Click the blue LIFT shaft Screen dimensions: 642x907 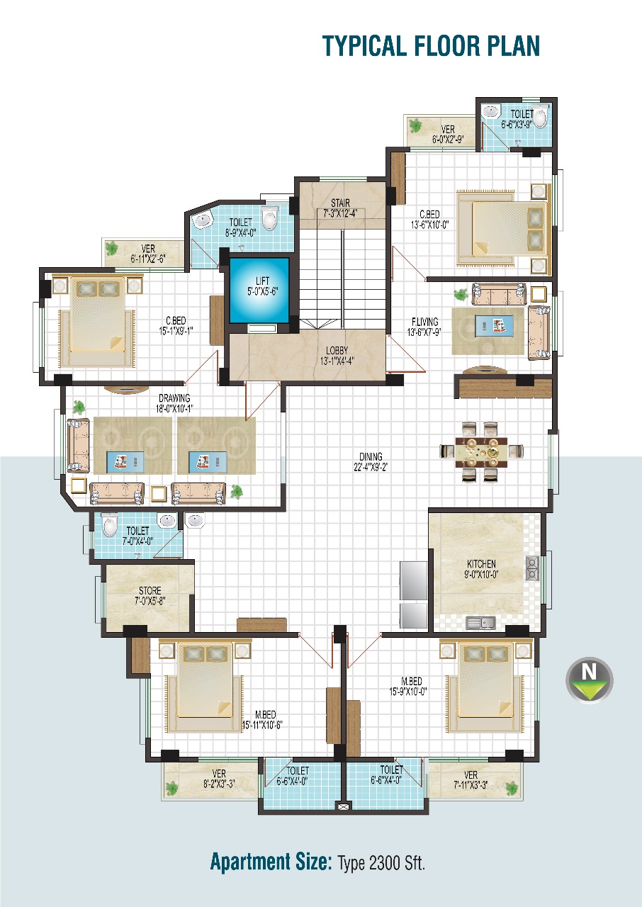[259, 291]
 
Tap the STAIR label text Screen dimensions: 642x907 [340, 203]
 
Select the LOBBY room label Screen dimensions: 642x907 [337, 350]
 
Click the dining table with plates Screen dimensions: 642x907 [481, 451]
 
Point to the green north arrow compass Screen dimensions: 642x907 [590, 680]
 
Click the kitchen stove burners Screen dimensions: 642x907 [532, 568]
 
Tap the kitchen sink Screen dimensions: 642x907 [480, 623]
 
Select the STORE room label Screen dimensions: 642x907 [150, 590]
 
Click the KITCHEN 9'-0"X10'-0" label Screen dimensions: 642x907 [481, 569]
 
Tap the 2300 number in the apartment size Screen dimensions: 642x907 [385, 863]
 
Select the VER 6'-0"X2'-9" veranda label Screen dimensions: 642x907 [448, 135]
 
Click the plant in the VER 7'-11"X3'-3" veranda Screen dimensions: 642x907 [512, 788]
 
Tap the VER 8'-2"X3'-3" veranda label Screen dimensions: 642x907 [219, 779]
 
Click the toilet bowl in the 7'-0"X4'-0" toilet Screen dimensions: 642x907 [110, 526]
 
